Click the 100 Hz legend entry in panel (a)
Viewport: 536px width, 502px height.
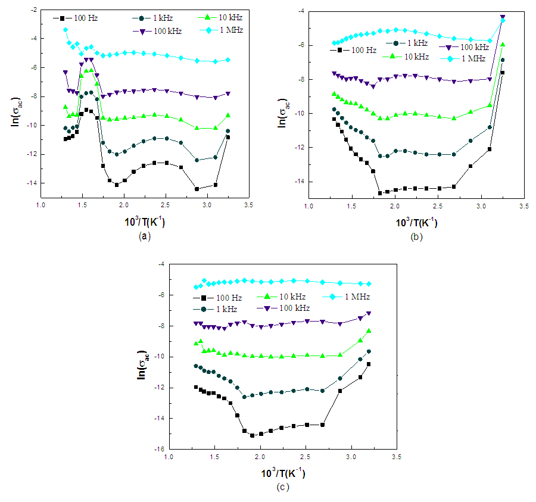[81, 18]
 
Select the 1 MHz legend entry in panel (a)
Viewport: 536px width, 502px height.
[200, 29]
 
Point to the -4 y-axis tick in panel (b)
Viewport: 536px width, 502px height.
[301, 11]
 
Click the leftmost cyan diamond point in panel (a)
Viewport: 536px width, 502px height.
[66, 30]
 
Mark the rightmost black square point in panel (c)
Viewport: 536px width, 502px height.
[369, 364]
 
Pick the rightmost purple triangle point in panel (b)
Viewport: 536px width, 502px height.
[502, 17]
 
